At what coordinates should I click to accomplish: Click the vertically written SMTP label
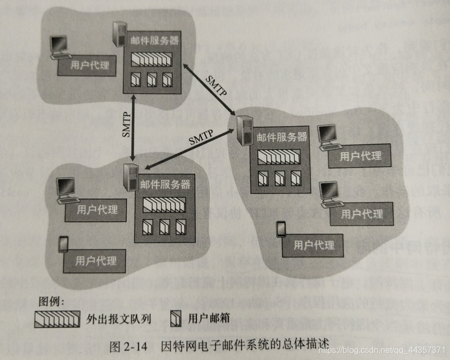pos(126,125)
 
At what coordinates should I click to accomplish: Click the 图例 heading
pos(51,302)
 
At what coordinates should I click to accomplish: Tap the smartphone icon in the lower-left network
pos(64,244)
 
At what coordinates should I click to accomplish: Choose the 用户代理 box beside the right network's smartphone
pos(313,245)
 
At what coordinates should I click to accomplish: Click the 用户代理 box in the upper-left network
pos(90,66)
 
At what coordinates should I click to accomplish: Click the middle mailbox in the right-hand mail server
pos(280,178)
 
